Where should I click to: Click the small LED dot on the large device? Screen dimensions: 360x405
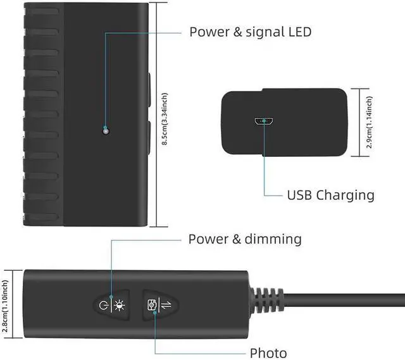pyautogui.click(x=105, y=130)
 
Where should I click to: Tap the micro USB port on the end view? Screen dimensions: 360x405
pyautogui.click(x=261, y=121)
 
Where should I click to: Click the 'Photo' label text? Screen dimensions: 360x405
pyautogui.click(x=268, y=353)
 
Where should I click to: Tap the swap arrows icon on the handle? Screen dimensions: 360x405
pyautogui.click(x=166, y=304)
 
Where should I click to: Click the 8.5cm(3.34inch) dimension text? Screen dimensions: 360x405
pyautogui.click(x=165, y=120)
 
